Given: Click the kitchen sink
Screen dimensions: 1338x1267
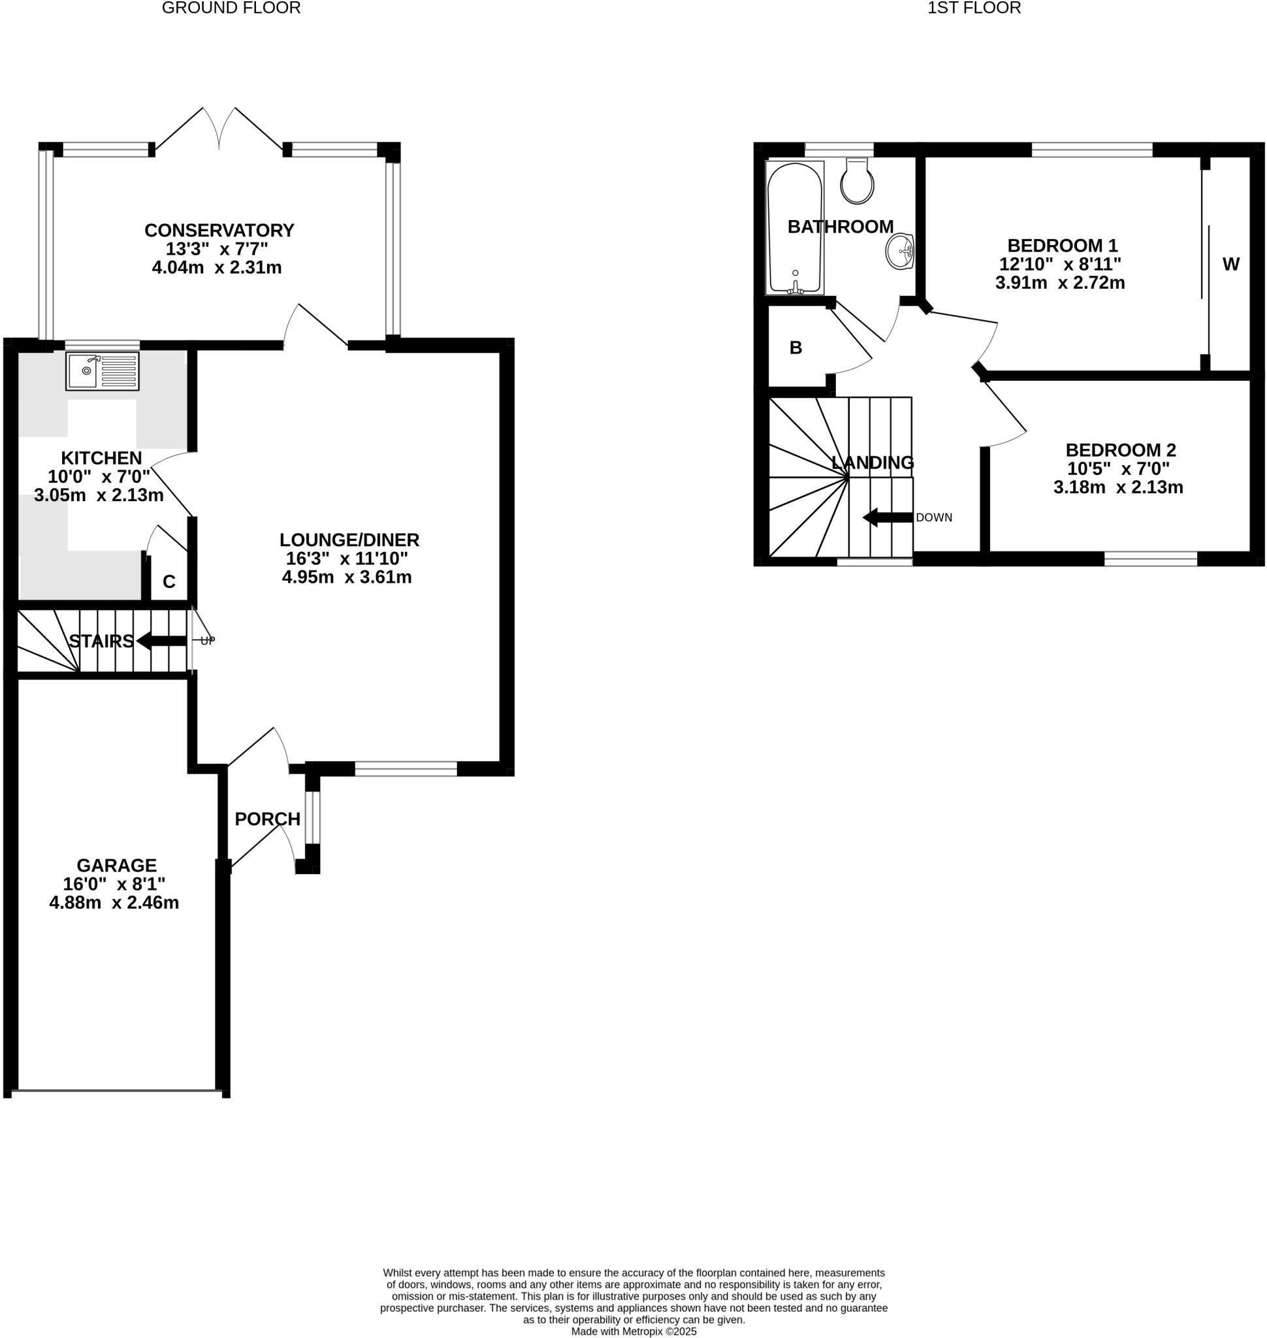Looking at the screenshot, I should click(102, 370).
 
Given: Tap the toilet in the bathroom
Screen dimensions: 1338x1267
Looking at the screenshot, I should click(857, 182).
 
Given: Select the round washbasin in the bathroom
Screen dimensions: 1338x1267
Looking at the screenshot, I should click(899, 252).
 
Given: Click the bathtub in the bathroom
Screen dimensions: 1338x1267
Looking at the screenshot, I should click(794, 227).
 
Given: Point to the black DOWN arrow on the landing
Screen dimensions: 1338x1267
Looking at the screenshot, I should click(887, 517).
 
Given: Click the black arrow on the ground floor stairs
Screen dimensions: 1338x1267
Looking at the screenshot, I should click(161, 641).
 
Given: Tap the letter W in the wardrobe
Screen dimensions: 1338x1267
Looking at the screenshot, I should click(1230, 265).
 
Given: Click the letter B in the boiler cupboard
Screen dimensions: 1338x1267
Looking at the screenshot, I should click(795, 348).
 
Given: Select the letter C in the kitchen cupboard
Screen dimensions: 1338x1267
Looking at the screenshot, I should click(169, 582).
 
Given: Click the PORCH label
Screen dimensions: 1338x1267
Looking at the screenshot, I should click(268, 819).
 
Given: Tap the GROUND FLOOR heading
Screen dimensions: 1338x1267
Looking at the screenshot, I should click(231, 8).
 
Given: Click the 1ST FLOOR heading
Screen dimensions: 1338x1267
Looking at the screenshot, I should click(974, 8).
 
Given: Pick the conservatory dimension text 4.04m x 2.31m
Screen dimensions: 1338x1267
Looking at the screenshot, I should click(217, 268).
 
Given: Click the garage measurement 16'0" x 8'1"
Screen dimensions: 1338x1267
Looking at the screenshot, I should click(114, 884).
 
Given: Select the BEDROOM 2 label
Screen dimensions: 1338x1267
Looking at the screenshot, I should click(1121, 450).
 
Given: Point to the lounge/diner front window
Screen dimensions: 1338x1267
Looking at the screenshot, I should click(406, 768).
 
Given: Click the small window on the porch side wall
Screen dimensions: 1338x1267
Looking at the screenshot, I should click(312, 819).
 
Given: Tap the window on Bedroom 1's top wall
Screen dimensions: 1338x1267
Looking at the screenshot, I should click(1091, 150).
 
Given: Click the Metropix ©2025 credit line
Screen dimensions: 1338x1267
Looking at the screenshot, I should click(633, 1332).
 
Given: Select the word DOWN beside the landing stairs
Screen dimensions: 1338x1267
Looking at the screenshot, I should click(933, 517).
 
